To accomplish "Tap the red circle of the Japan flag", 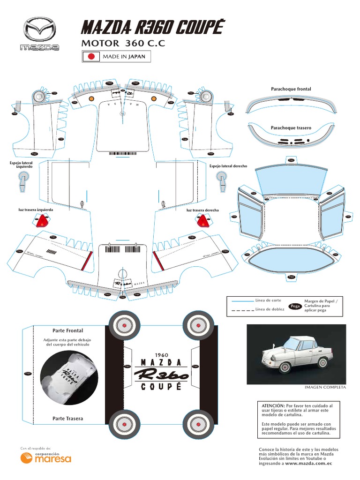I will (92, 57).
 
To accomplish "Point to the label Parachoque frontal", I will (291, 89).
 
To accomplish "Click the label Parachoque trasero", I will (291, 127).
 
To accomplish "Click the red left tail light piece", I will (44, 221).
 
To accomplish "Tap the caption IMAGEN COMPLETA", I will (325, 387).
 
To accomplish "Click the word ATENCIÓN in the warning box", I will (271, 405).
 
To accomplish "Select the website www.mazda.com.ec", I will (308, 463).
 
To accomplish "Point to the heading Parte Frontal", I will (67, 330).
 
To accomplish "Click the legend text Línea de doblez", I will (270, 309).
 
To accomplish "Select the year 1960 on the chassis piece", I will (161, 355).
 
